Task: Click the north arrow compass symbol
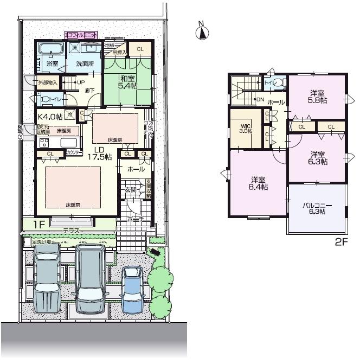(x=202, y=32)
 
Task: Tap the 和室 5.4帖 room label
(x=128, y=82)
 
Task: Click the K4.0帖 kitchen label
(x=50, y=116)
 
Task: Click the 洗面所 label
(x=85, y=63)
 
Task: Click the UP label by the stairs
(x=80, y=82)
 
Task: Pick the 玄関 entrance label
(x=131, y=190)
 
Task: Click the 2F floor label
(x=340, y=242)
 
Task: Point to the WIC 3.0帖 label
(x=246, y=127)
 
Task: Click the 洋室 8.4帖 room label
(x=258, y=183)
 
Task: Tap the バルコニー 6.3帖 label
(x=317, y=208)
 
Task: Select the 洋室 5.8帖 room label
(x=318, y=96)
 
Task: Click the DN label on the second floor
(x=260, y=100)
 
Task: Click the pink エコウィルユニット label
(x=81, y=34)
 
